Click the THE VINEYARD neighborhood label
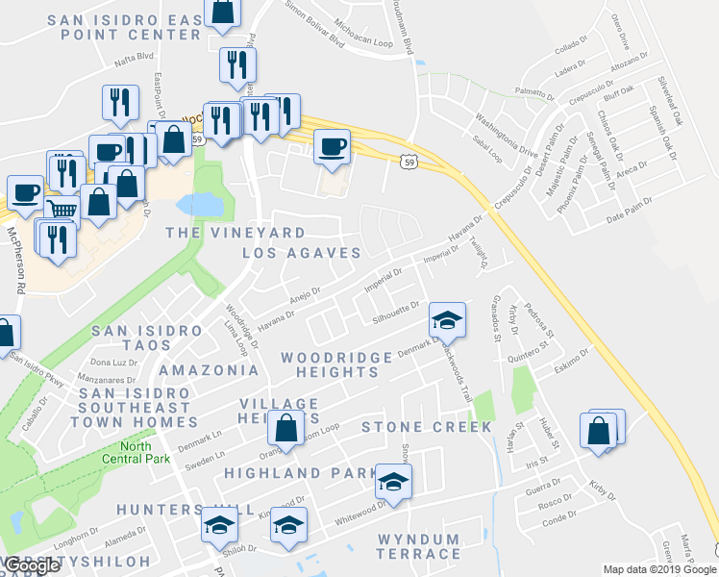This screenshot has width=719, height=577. (236, 233)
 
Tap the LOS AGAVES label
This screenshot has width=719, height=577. (301, 253)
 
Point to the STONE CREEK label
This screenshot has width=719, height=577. (426, 426)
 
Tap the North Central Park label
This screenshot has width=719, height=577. (143, 451)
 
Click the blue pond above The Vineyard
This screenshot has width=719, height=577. (200, 204)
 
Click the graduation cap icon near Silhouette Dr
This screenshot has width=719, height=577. (446, 318)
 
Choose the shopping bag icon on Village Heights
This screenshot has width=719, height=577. (286, 427)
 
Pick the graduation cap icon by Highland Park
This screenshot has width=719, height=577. (392, 480)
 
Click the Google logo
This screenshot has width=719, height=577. (33, 565)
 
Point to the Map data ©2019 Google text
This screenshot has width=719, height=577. (659, 569)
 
